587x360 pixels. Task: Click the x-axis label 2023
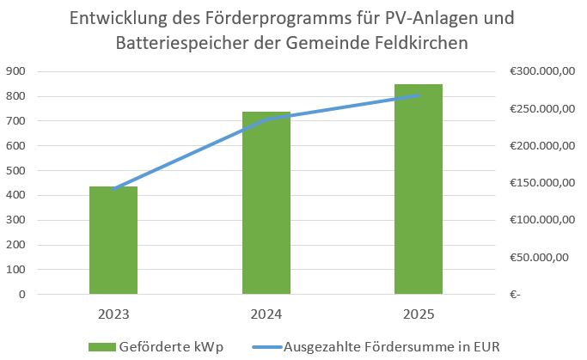[113, 314]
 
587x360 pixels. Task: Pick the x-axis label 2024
[266, 314]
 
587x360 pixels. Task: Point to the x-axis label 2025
[419, 314]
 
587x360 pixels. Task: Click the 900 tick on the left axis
[15, 71]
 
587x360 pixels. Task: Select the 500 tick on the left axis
[15, 171]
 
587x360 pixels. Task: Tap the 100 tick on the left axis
[15, 270]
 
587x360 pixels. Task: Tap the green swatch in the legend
[107, 345]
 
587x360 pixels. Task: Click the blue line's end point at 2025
[419, 95]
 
